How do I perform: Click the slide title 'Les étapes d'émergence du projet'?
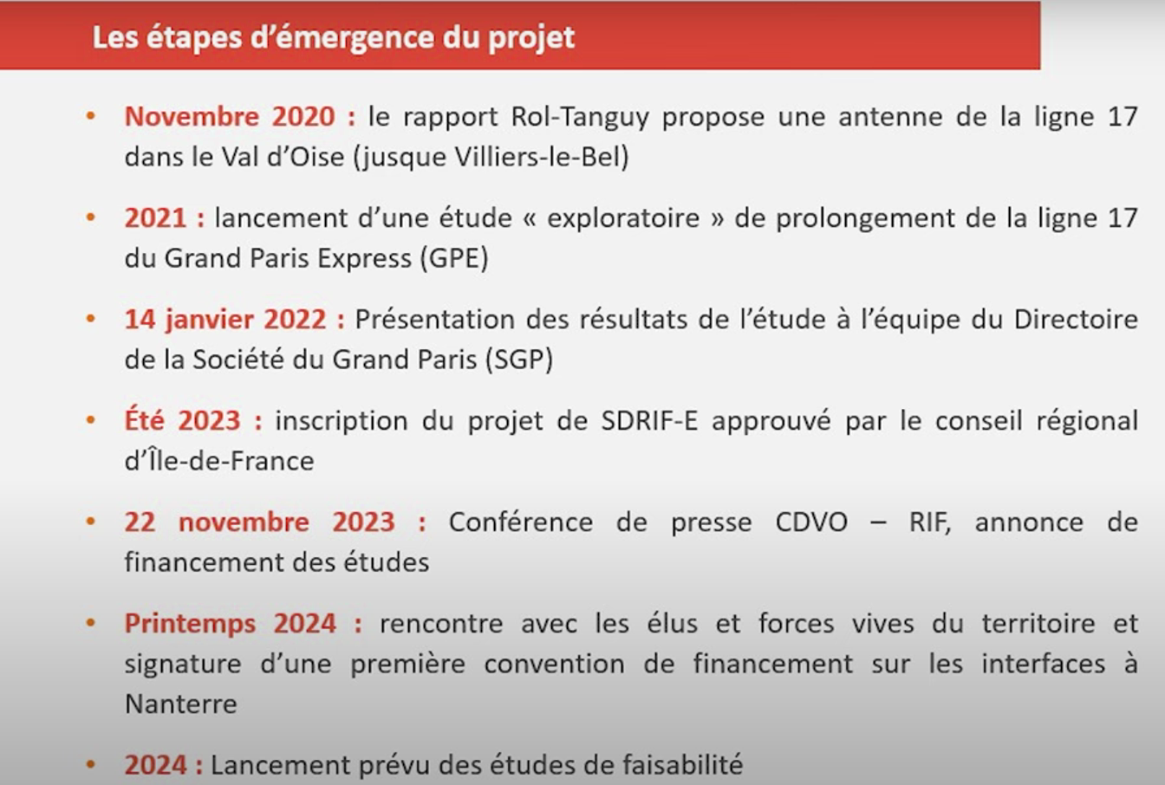(334, 38)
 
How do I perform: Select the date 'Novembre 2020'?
(230, 116)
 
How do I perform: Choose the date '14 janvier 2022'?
(225, 320)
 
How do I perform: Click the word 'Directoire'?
(1076, 319)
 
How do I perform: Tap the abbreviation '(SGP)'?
(519, 360)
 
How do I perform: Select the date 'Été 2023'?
(183, 420)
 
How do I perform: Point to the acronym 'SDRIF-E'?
(649, 420)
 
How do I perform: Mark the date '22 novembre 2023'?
(259, 522)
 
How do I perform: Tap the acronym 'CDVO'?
(811, 522)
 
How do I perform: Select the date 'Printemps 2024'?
(231, 624)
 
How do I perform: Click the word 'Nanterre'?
(181, 704)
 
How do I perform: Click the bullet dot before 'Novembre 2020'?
(90, 116)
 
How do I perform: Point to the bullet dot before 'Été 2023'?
(90, 420)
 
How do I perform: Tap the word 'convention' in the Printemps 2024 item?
(555, 665)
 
